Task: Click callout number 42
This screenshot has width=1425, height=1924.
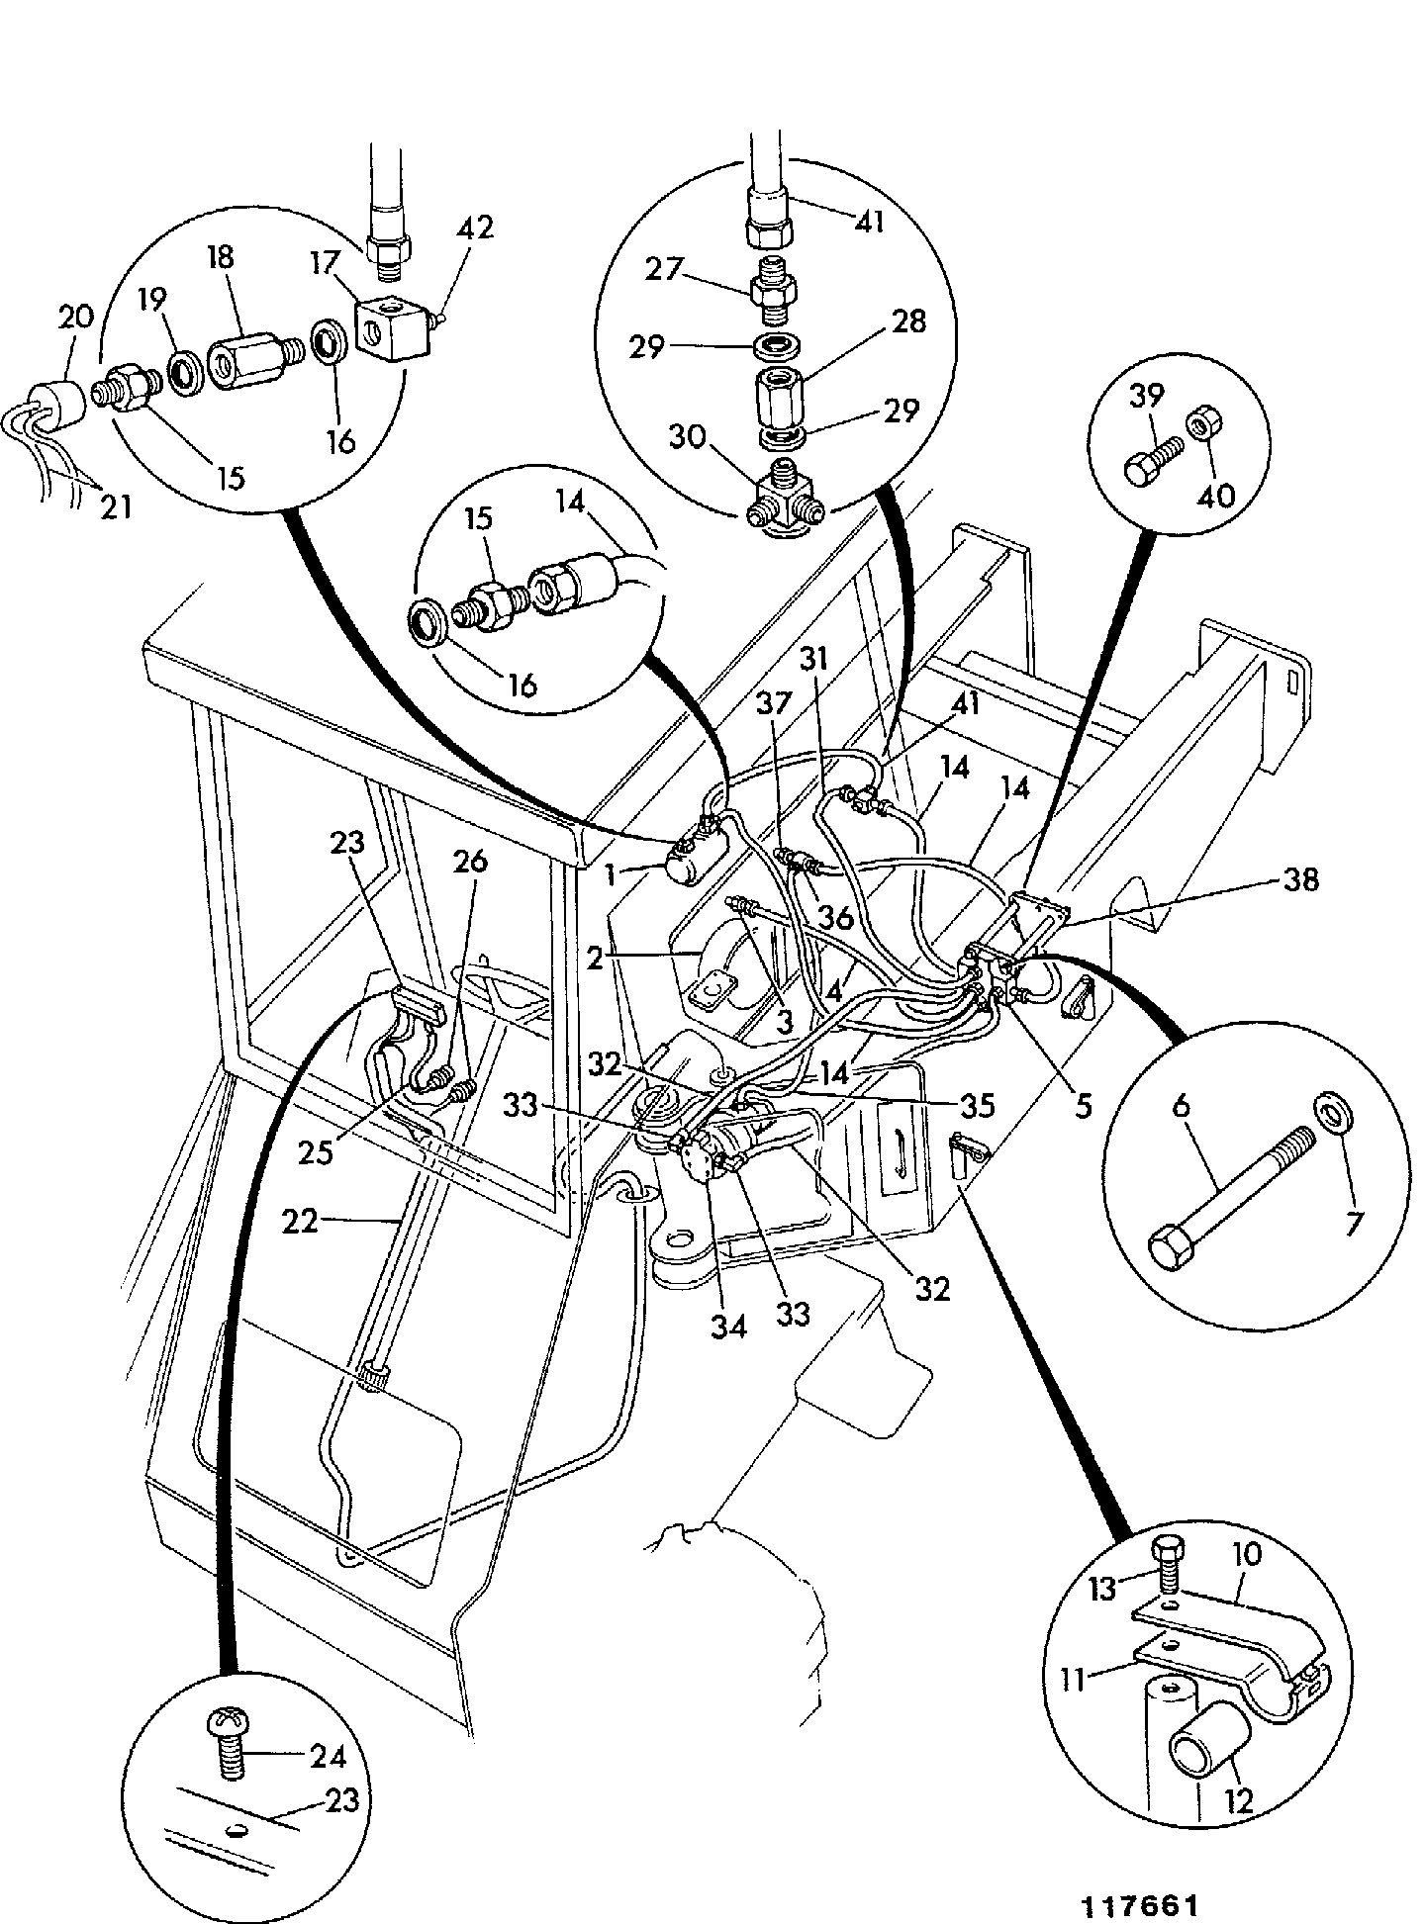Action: pyautogui.click(x=474, y=229)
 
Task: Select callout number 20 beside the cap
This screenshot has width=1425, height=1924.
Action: pyautogui.click(x=76, y=319)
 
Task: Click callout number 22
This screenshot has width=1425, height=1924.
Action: pyautogui.click(x=301, y=1224)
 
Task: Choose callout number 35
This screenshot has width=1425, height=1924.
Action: pyautogui.click(x=975, y=1104)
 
